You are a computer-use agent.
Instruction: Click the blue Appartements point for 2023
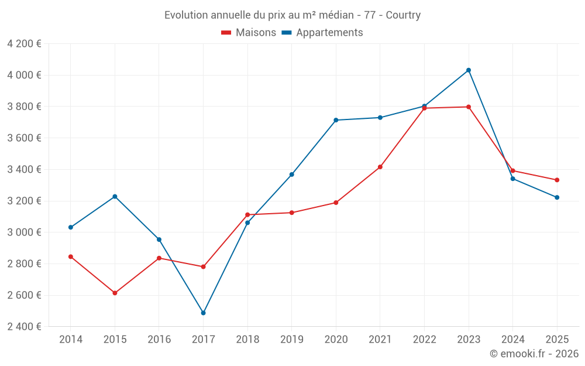pos(469,70)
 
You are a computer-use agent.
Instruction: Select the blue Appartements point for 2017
pos(203,313)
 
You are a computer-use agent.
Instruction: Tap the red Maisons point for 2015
pos(115,293)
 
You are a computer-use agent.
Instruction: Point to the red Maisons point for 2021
pos(380,167)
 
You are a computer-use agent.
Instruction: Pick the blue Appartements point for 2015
pos(115,196)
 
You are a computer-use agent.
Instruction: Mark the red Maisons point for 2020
pos(336,203)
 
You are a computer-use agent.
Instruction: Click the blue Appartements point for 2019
pos(291,175)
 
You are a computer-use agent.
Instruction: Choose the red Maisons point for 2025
pos(557,180)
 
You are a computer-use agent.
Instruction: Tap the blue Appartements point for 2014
pos(71,227)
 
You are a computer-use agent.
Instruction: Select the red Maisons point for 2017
pos(203,266)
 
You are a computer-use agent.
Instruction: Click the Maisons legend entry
pos(249,33)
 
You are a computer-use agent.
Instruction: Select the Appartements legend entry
pos(322,33)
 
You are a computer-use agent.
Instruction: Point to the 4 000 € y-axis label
pos(24,75)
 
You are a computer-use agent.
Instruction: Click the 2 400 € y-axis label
pos(24,326)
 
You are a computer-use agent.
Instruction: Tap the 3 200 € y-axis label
pos(24,201)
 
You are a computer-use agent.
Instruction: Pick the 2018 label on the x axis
pos(247,340)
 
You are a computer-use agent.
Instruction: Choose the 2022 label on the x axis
pos(424,340)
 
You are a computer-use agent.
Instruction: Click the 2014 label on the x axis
pos(71,340)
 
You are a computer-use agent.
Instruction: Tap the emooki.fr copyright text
pos(534,354)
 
